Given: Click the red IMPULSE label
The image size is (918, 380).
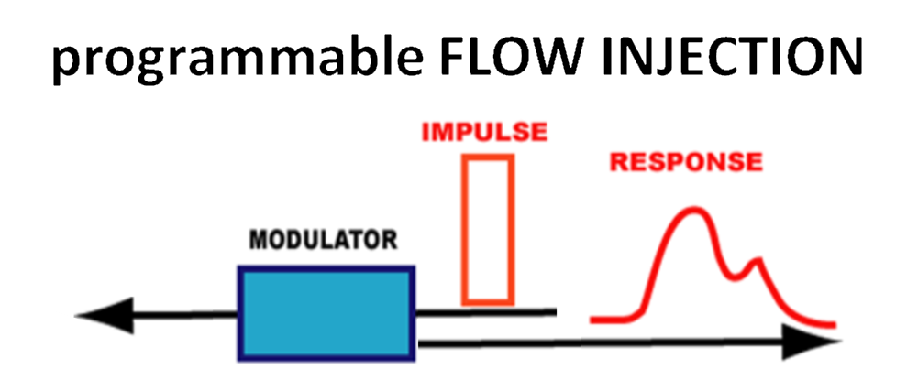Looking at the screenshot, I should click(x=484, y=133).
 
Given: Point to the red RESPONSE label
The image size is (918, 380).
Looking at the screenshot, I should click(x=686, y=163).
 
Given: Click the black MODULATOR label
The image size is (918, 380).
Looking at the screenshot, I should click(x=325, y=243).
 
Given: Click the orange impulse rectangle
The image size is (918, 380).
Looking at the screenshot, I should click(x=488, y=229).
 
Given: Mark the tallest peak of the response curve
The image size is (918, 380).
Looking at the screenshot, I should click(x=694, y=212).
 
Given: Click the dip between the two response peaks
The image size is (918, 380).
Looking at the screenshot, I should click(x=737, y=277).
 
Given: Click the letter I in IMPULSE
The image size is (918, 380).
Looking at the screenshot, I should click(x=426, y=133).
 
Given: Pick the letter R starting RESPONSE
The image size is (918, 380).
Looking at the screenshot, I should click(x=619, y=163).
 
